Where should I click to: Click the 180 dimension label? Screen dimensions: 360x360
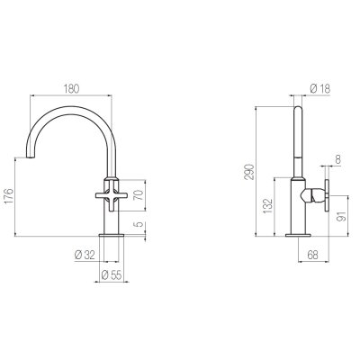click(x=71, y=89)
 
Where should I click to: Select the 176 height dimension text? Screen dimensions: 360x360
click(x=9, y=196)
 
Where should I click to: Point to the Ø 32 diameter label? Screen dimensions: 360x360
click(x=85, y=256)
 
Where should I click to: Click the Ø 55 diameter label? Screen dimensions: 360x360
click(x=112, y=275)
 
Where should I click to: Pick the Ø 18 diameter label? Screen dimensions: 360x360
click(x=319, y=88)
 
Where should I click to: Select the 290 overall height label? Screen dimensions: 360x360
click(x=249, y=172)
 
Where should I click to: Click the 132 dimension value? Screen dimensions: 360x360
click(x=267, y=206)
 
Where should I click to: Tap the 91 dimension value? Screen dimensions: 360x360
click(x=341, y=216)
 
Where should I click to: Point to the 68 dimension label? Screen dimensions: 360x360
click(x=312, y=256)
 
